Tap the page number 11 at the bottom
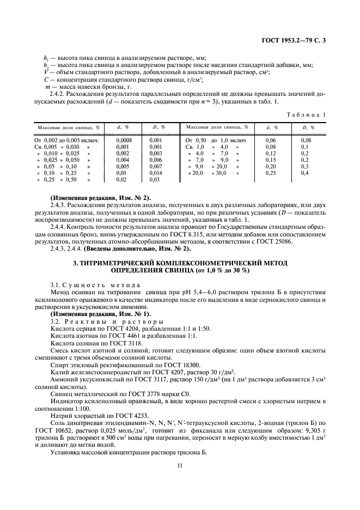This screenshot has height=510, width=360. click(x=180, y=465)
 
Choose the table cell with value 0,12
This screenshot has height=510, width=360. click(x=270, y=153)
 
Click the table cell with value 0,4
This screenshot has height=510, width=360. click(x=306, y=172)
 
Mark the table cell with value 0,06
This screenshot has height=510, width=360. click(x=270, y=140)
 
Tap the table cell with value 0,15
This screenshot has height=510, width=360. click(x=270, y=160)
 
